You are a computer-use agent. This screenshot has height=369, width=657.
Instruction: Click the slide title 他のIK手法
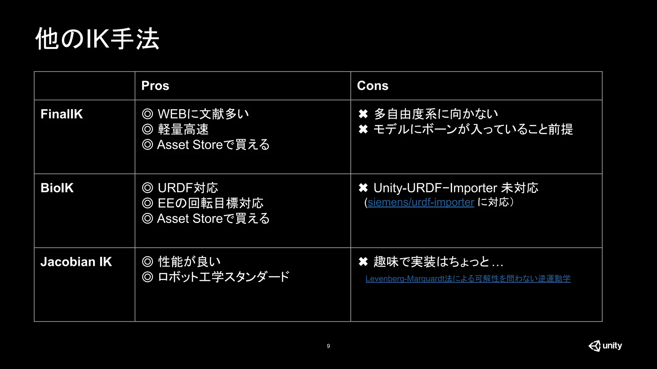(97, 39)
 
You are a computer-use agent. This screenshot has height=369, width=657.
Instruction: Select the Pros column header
(155, 86)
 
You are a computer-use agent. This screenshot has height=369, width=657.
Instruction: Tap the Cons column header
(372, 86)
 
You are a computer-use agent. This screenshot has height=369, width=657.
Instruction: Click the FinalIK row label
(62, 114)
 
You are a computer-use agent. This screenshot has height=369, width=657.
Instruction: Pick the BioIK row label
(57, 188)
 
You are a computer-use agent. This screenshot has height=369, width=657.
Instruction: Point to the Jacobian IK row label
(76, 262)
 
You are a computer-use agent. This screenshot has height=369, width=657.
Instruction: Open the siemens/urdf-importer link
(421, 202)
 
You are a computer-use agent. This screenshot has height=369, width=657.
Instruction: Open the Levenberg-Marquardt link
(468, 279)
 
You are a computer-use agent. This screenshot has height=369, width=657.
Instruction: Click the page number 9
(328, 346)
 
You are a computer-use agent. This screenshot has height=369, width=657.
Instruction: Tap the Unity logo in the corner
(605, 346)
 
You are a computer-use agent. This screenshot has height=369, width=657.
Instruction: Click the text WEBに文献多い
(203, 114)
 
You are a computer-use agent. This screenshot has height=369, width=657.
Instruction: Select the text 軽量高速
(183, 129)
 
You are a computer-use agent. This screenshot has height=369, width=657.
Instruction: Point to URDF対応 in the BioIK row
(188, 188)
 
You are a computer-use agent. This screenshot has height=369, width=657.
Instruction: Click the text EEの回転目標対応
(210, 203)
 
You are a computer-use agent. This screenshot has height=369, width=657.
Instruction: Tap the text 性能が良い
(189, 262)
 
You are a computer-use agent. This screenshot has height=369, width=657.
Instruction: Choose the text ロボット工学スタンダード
(224, 277)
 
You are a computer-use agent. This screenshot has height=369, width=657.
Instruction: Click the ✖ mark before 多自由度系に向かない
(363, 114)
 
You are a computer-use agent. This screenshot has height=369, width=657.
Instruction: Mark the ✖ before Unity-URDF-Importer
(363, 188)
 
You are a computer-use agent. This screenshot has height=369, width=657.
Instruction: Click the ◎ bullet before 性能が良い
(148, 262)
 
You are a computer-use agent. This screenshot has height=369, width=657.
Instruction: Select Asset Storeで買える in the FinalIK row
(213, 145)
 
